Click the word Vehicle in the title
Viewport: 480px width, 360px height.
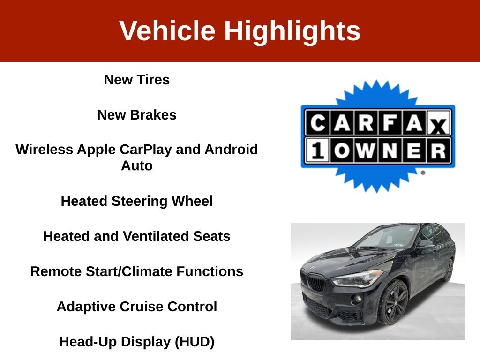(x=167, y=30)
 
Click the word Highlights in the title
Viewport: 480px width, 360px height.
(x=292, y=31)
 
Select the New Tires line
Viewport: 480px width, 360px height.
(x=137, y=80)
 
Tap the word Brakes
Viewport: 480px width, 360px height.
(x=153, y=115)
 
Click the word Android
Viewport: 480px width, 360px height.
(x=231, y=150)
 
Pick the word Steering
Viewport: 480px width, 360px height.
(x=139, y=202)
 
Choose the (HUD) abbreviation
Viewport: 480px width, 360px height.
(x=195, y=342)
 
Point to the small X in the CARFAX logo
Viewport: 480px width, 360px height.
(x=439, y=126)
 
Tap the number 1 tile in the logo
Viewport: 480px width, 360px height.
(x=318, y=150)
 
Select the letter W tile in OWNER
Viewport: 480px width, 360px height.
(x=366, y=150)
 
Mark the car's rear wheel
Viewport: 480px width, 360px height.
(x=449, y=270)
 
